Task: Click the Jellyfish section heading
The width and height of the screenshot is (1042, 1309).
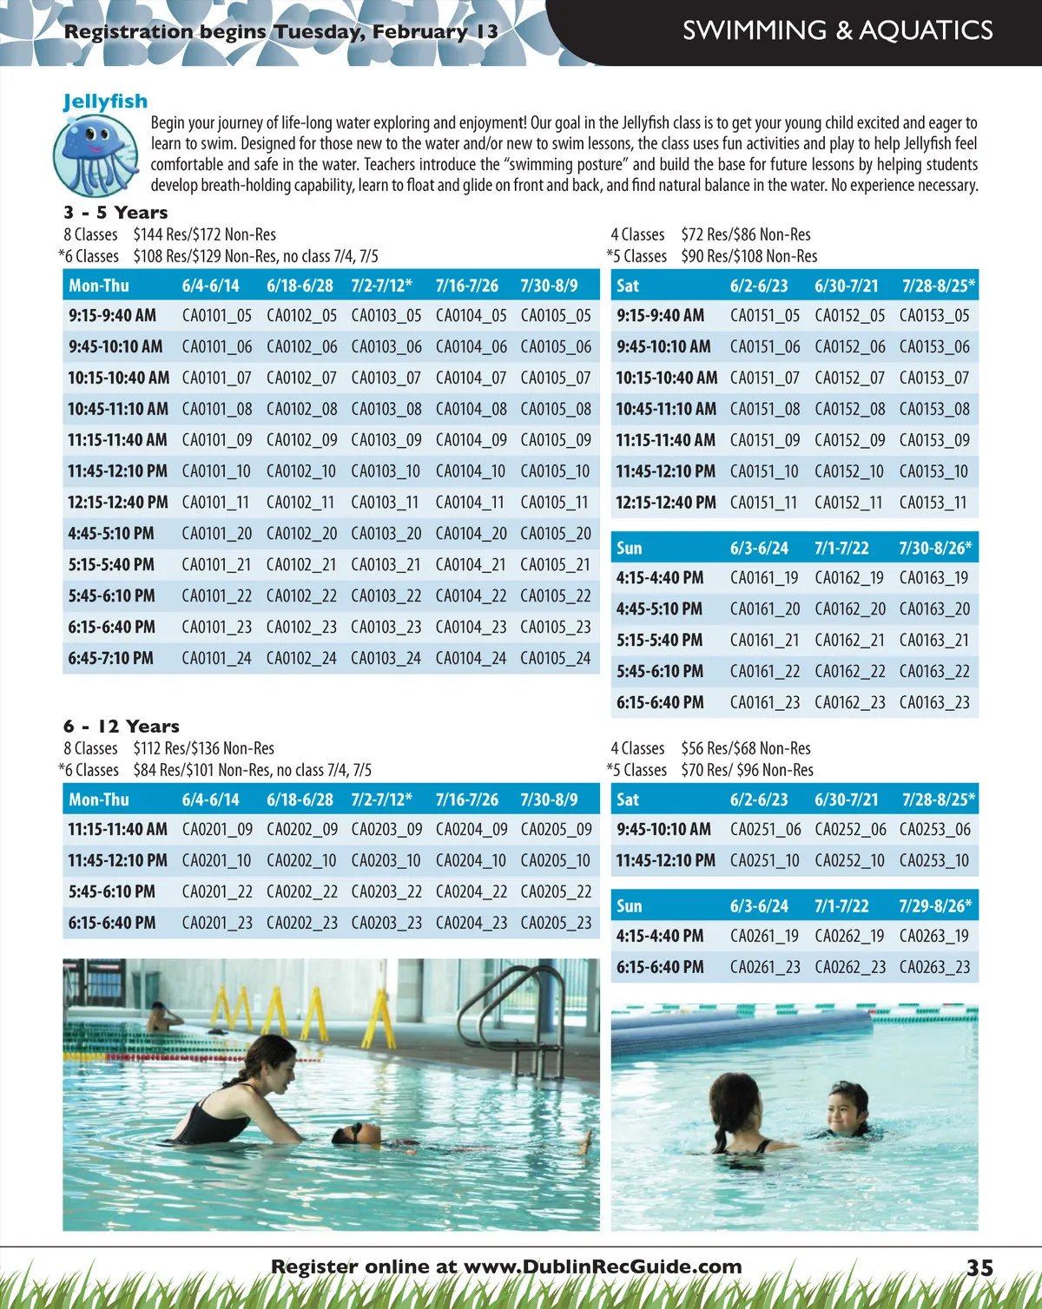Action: (105, 102)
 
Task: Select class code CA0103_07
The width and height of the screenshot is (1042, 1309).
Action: (386, 378)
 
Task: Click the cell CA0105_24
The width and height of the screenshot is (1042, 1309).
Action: (555, 659)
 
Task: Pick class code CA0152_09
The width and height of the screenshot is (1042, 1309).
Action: (849, 441)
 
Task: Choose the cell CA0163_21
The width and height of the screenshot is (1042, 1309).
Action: (934, 641)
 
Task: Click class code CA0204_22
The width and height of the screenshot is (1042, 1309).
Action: (471, 892)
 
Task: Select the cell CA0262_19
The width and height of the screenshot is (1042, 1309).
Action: (849, 937)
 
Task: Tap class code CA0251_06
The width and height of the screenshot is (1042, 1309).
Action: (765, 830)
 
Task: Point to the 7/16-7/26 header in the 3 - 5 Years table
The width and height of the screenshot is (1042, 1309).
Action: (466, 286)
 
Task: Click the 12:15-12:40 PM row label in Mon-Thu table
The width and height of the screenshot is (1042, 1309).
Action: (118, 503)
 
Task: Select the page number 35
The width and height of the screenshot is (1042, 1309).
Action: (979, 1268)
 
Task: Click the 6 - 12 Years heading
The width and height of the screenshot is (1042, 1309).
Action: (122, 727)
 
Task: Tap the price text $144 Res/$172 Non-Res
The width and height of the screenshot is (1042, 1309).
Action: (204, 234)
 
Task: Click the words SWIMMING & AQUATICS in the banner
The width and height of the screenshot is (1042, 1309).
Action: (837, 31)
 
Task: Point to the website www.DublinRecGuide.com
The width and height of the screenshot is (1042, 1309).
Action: (603, 1266)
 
